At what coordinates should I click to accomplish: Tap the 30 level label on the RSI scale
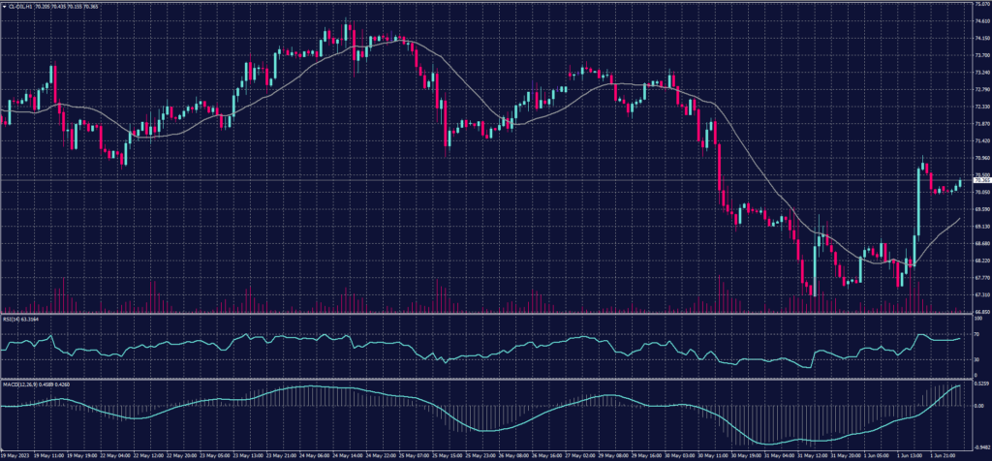975,359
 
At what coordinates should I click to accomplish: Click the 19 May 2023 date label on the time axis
15,453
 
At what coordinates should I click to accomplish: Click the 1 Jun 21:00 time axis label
943,453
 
